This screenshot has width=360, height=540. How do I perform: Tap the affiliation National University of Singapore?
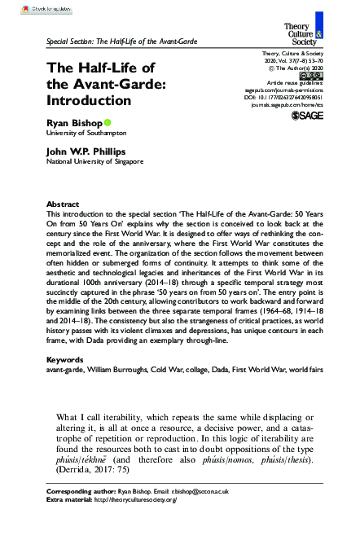tap(94, 185)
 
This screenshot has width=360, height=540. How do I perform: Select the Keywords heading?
tap(64, 382)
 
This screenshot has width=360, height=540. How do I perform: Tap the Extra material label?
tap(68, 524)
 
